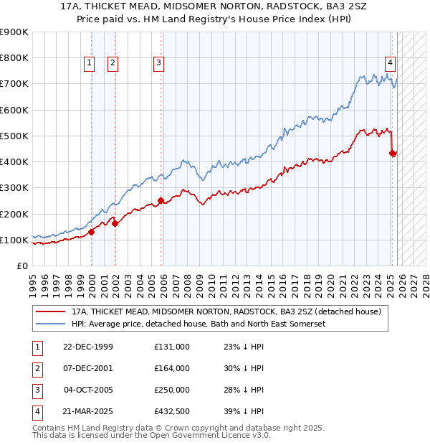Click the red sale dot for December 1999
coord(92,232)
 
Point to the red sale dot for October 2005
coord(161,201)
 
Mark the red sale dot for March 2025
coord(393,153)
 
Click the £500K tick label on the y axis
coord(14,136)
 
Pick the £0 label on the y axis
coord(21,266)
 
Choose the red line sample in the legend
coord(50,312)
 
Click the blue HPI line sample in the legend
coord(50,324)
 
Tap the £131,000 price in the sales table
coord(172,347)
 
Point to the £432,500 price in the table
coord(172,411)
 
